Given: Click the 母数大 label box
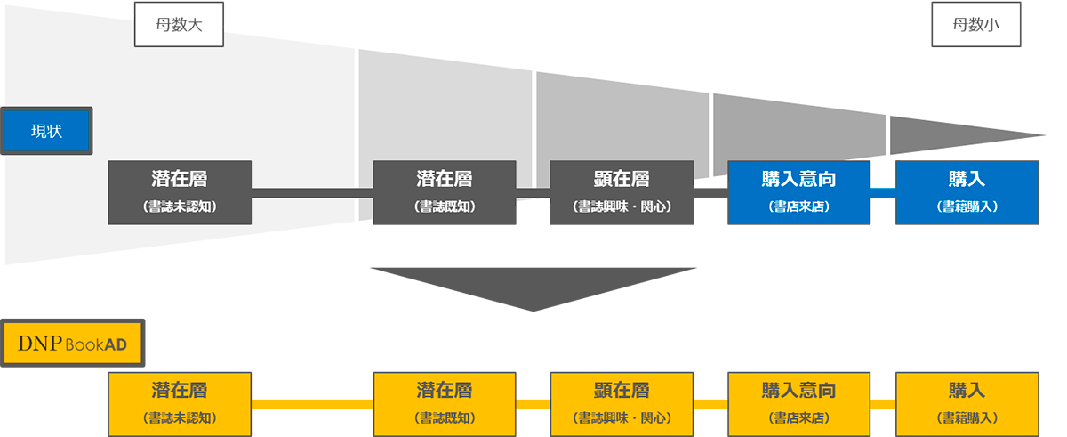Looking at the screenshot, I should click(179, 25).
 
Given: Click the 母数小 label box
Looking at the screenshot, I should click(975, 25).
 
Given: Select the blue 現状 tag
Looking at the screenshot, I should click(46, 131).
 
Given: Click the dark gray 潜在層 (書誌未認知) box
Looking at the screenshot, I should click(180, 192).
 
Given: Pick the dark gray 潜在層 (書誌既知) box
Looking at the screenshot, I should click(445, 192).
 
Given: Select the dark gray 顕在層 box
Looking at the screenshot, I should click(622, 192).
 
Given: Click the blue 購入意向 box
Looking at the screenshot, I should click(798, 192).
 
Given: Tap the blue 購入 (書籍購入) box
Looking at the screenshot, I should click(967, 192).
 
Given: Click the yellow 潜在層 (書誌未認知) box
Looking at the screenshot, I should click(180, 403).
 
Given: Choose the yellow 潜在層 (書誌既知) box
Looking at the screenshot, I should click(445, 403).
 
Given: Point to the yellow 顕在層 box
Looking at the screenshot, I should click(622, 403).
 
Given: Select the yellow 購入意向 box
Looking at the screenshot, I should click(798, 403).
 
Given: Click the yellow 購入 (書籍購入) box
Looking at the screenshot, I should click(967, 403).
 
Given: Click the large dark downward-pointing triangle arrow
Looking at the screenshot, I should click(533, 285).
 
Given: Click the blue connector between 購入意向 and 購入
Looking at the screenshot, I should click(882, 192).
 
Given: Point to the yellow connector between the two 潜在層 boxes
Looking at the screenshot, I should click(312, 404).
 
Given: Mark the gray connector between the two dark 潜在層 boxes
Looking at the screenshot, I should click(312, 192).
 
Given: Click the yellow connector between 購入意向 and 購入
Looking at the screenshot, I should click(882, 404).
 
